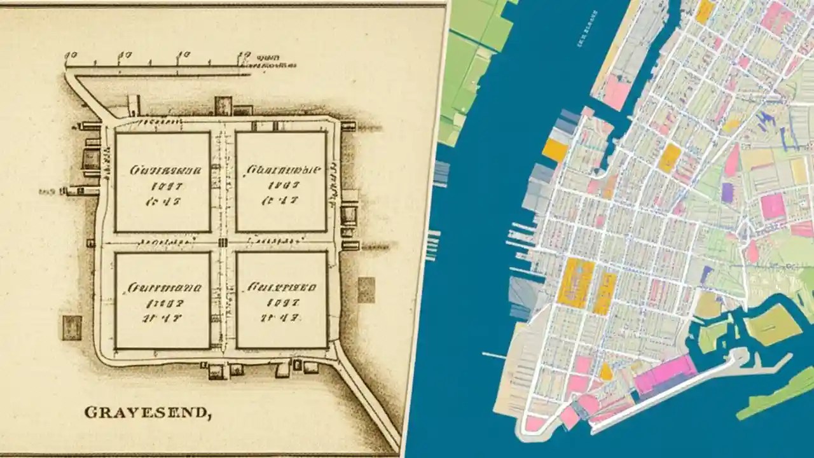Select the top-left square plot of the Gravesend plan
pos(162,182)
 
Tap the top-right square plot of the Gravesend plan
pos(281,182)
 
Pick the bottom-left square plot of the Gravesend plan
pos(162,300)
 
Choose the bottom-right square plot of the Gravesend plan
pos(282,300)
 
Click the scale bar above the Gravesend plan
pos(159,65)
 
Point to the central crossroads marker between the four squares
pos(223,242)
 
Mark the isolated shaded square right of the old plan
pos(366,289)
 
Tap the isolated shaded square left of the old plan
pos(71,328)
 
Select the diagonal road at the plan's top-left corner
pos(89,95)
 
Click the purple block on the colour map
pos(728,193)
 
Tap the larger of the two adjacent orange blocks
pos(576,283)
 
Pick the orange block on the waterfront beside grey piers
pos(555,150)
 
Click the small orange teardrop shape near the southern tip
pos(607,371)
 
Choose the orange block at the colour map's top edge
pos(705,11)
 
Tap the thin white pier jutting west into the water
pos(495,355)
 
